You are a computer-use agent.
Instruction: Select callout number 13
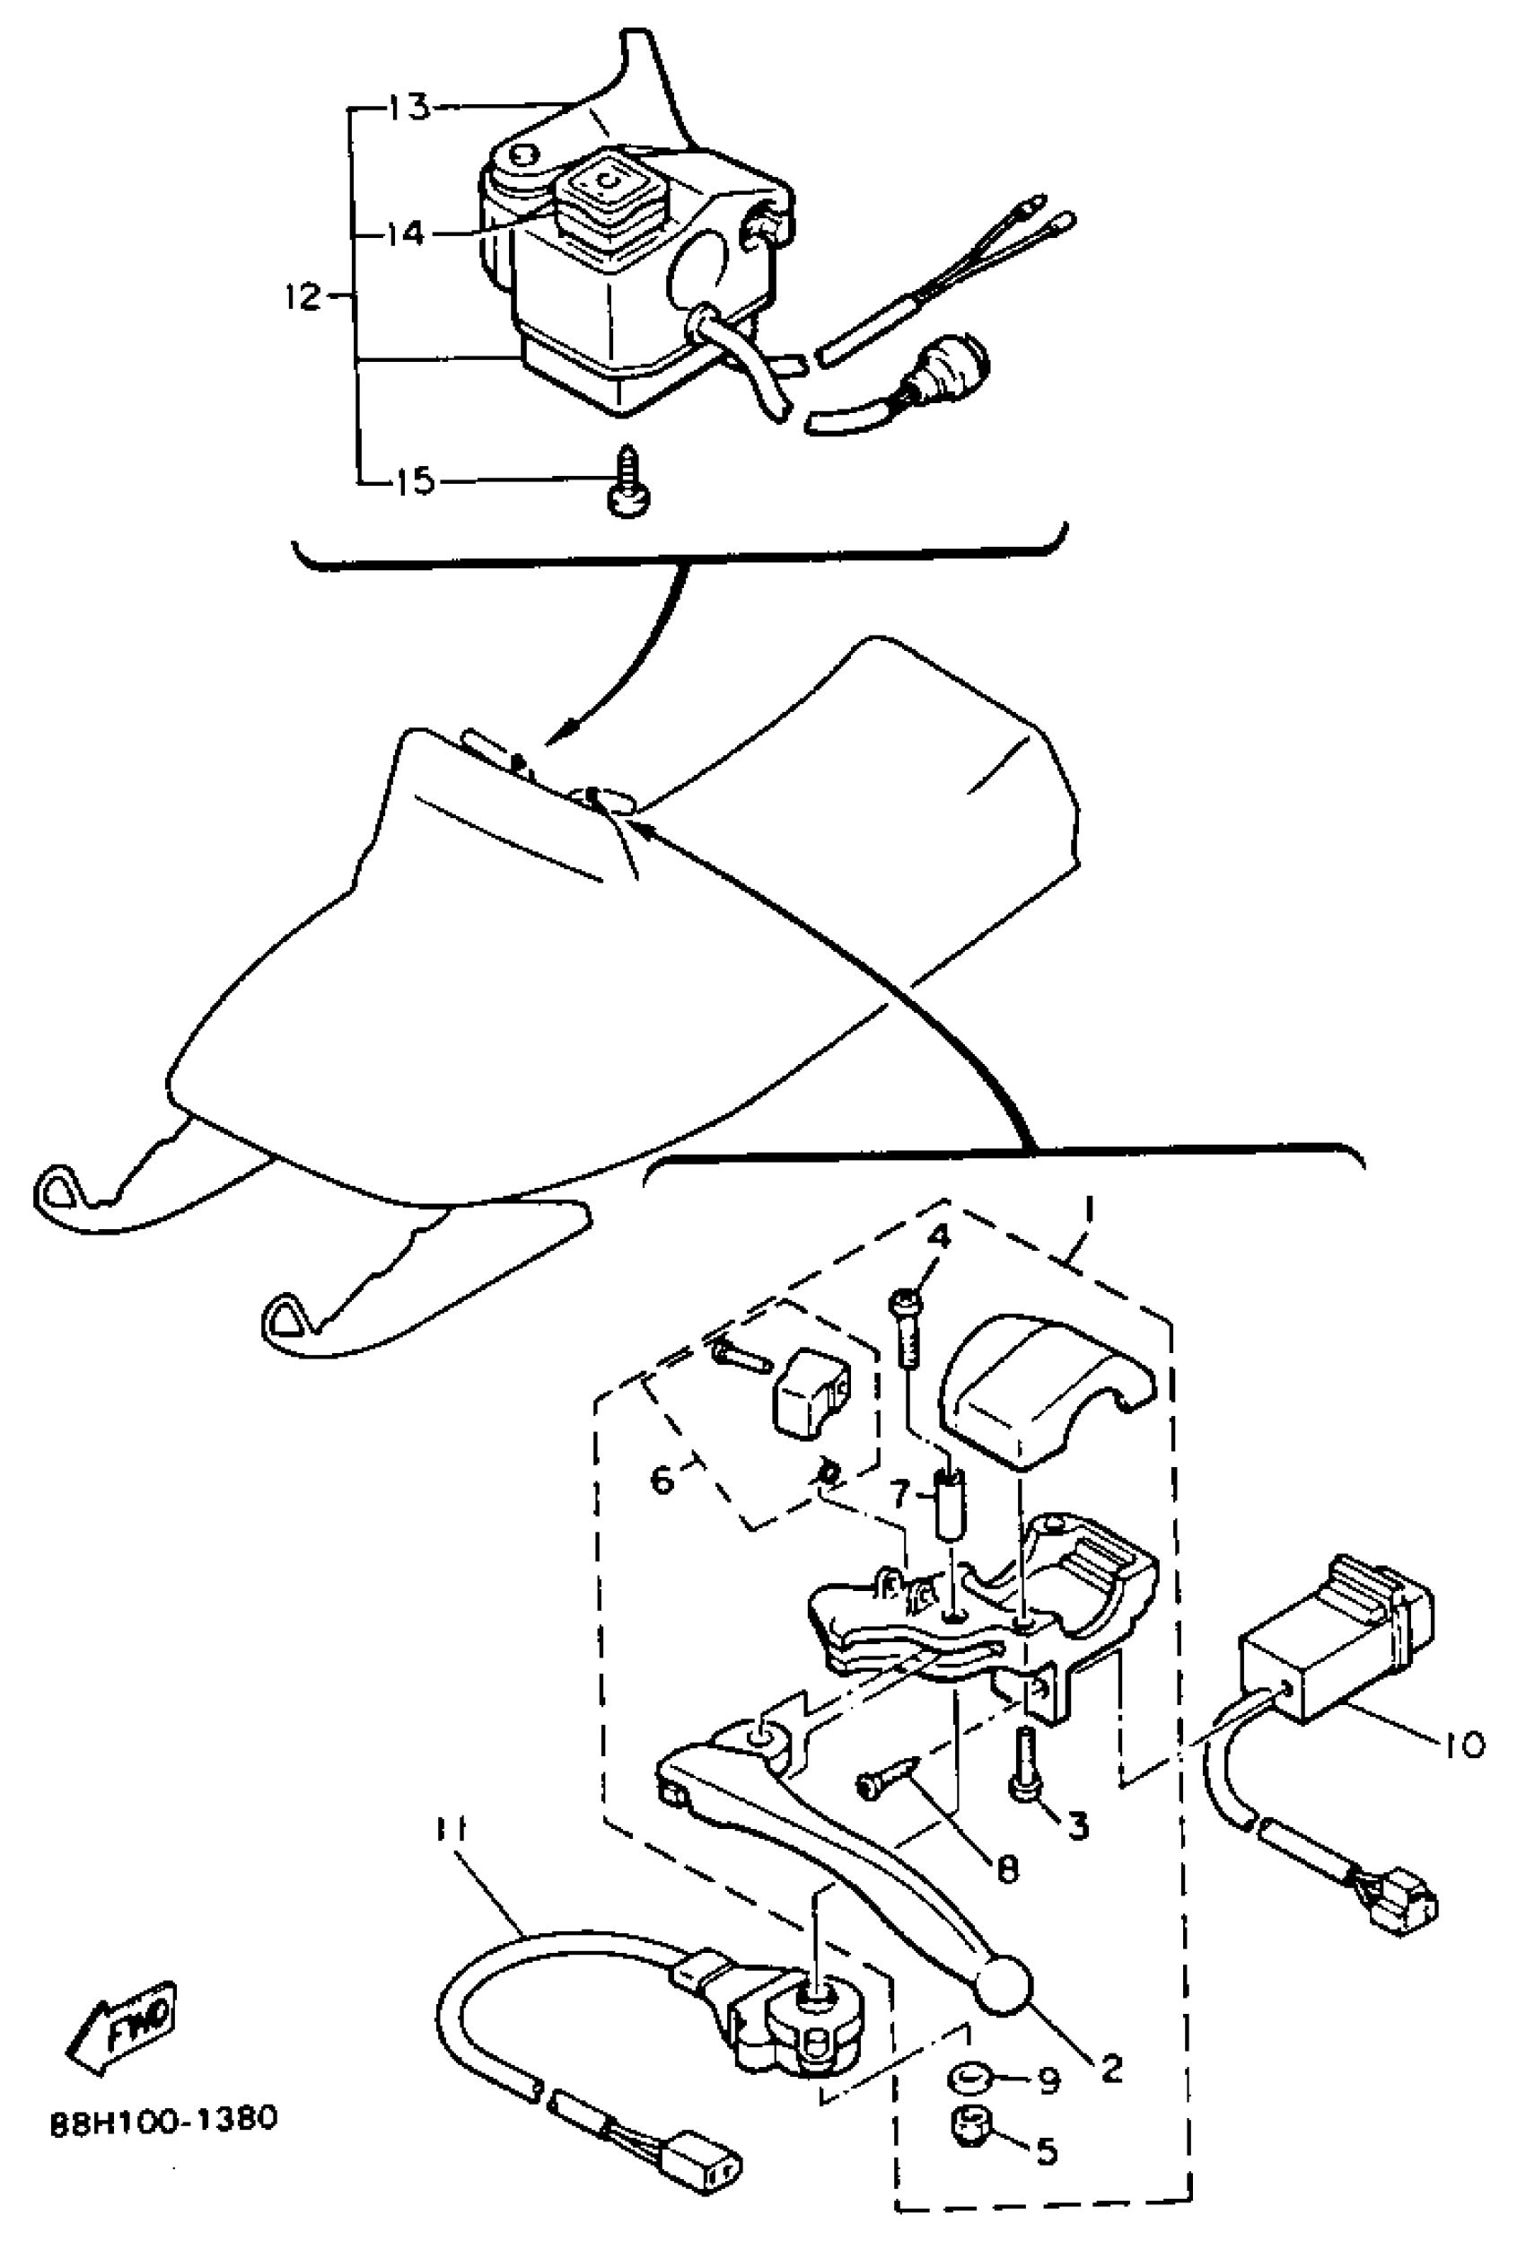coord(408,106)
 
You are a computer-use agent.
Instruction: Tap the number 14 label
coord(405,233)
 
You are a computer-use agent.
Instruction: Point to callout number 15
coord(416,481)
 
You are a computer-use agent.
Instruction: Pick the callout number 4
coord(940,1235)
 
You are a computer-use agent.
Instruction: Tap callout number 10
coord(1463,1745)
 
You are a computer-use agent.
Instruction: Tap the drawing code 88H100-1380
coord(164,2117)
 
